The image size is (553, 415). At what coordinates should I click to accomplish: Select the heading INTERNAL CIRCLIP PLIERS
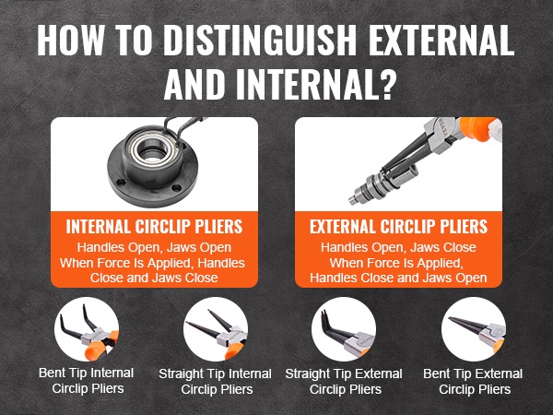(154, 227)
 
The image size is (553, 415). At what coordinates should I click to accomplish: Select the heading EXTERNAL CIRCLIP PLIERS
(398, 227)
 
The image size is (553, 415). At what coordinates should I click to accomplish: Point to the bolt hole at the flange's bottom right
(177, 188)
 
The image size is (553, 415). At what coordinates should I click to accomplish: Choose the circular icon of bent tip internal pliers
(87, 329)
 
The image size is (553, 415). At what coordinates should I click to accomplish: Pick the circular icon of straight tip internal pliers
(216, 329)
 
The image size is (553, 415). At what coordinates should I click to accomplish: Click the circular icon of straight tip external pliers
(344, 329)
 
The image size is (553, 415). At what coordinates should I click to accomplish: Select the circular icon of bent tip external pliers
(474, 329)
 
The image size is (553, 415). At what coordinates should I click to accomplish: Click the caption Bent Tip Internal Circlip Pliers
(87, 381)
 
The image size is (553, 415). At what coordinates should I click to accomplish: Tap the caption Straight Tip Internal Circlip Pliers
(216, 382)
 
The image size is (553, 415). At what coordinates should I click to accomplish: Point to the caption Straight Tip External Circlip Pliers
(344, 382)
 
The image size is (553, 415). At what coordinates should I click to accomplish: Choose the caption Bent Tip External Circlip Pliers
(474, 382)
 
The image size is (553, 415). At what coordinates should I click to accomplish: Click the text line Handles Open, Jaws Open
(154, 247)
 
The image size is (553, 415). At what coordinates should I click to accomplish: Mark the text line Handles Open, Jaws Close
(398, 247)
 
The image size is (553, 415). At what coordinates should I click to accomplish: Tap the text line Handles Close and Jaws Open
(398, 278)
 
